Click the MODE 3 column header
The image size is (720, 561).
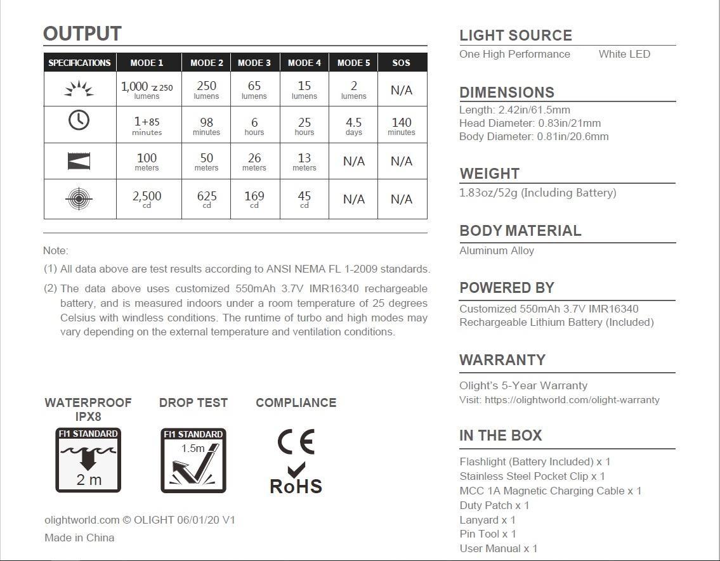[254, 63]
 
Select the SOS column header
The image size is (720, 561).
[402, 63]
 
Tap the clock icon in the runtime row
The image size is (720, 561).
[79, 120]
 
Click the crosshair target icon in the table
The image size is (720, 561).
[79, 199]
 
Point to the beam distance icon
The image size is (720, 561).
[79, 161]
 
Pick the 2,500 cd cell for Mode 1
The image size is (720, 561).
[147, 199]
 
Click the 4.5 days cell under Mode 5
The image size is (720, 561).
[353, 126]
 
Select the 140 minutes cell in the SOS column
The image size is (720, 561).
[402, 126]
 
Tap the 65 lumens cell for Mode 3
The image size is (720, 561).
[254, 89]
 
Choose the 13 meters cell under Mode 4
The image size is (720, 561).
[304, 161]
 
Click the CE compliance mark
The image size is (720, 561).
[296, 442]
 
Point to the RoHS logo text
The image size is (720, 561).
[296, 486]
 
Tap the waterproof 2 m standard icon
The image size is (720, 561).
[88, 460]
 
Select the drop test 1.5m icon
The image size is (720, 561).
[193, 460]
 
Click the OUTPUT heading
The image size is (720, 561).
[82, 34]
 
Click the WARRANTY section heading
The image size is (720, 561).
[502, 360]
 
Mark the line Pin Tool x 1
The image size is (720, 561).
[488, 534]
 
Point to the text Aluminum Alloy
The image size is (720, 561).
[497, 250]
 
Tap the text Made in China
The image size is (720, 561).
[79, 538]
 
